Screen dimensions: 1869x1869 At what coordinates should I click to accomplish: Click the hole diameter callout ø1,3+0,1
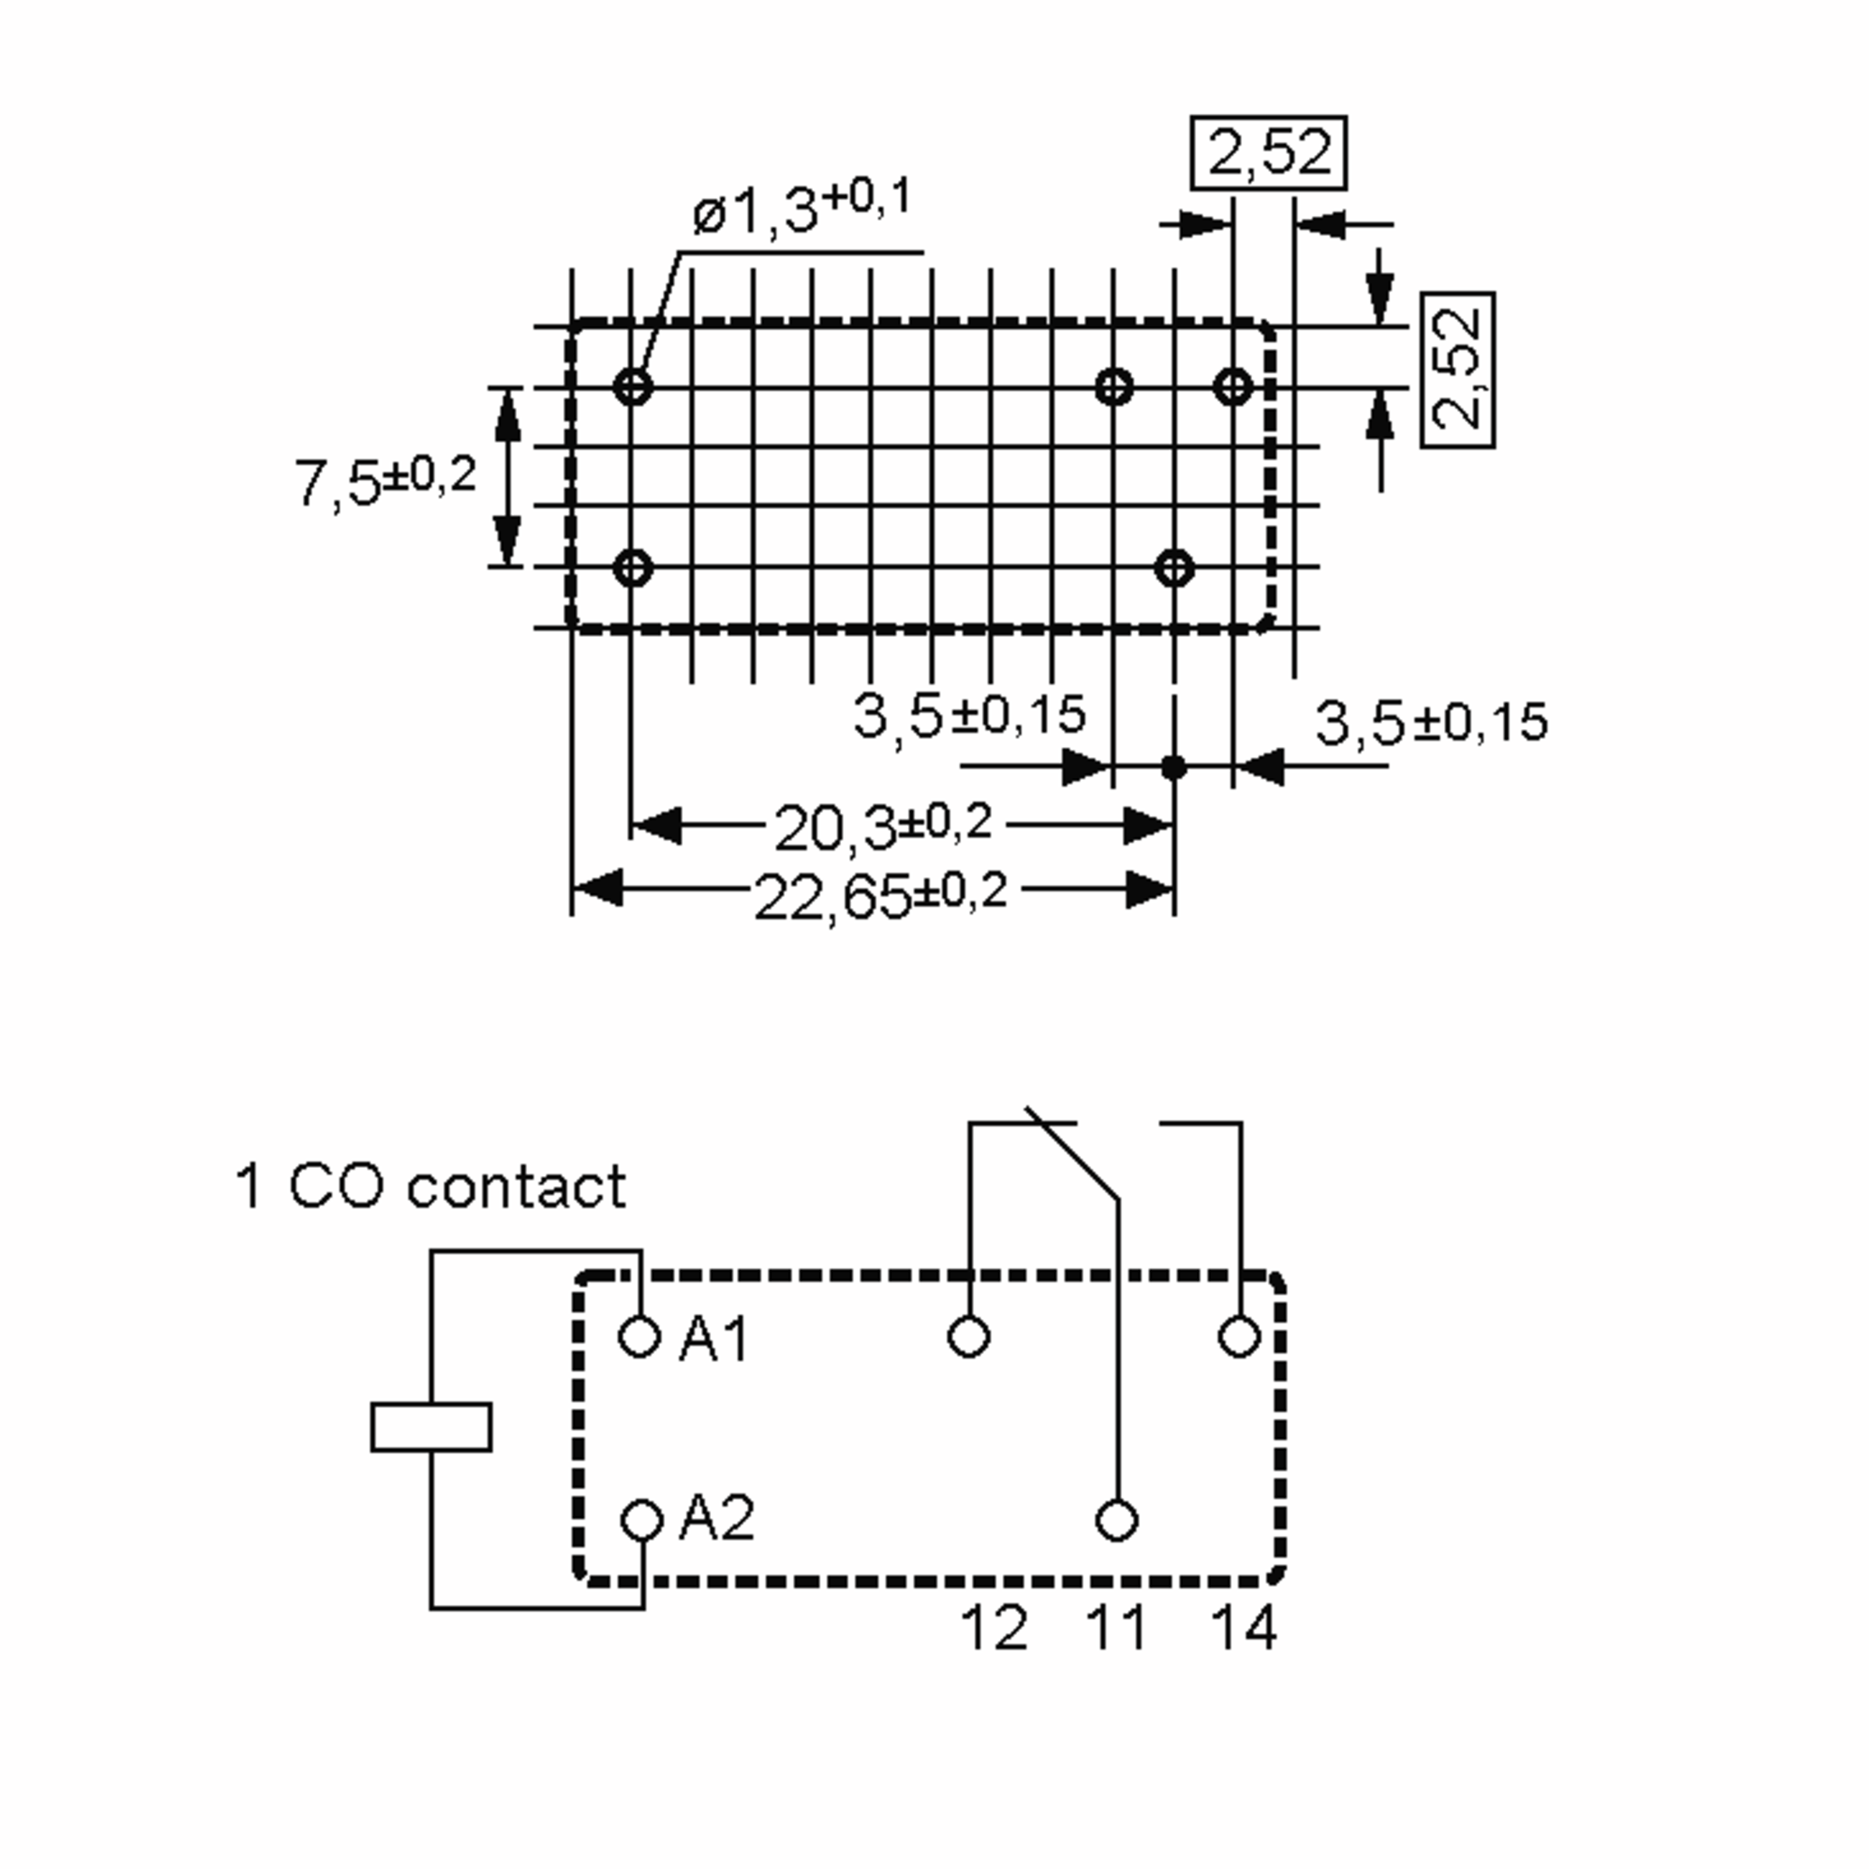[801, 209]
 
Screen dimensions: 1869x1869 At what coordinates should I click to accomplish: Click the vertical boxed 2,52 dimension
[1458, 370]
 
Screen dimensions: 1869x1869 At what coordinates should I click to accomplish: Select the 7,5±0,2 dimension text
[385, 480]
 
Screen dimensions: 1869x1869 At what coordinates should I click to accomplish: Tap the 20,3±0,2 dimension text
[882, 827]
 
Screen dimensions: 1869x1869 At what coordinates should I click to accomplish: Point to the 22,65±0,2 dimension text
[880, 895]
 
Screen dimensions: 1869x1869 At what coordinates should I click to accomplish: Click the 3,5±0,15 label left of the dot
[970, 716]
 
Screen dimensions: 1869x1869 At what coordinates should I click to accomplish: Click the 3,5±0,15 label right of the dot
[1431, 723]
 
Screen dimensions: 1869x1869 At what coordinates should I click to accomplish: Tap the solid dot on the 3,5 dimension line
[1174, 768]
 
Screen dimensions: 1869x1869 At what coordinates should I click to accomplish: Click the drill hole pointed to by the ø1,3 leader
[632, 387]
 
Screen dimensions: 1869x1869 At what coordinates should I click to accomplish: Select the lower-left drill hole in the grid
[632, 568]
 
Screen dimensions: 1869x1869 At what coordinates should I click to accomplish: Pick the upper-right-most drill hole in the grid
[1234, 387]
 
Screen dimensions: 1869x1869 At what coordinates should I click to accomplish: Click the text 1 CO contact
[431, 1187]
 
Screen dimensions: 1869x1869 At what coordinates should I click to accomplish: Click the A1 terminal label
[714, 1341]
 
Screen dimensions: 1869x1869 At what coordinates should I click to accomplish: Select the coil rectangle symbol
[431, 1427]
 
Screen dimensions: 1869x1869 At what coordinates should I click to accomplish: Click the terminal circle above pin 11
[1118, 1520]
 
